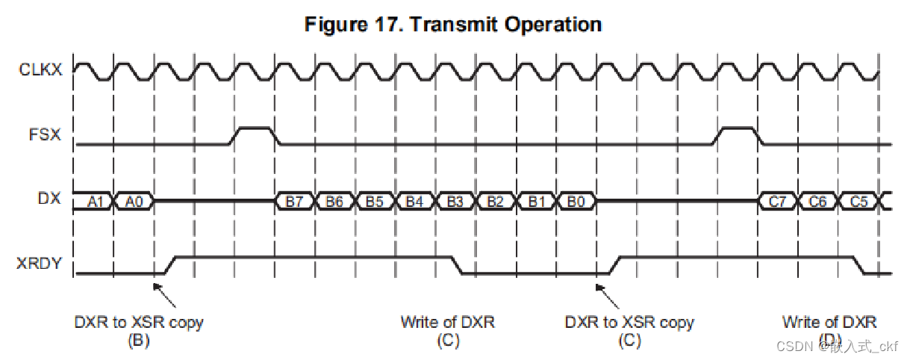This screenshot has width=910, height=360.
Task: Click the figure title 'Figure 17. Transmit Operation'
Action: (453, 25)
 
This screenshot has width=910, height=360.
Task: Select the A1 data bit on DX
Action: (94, 201)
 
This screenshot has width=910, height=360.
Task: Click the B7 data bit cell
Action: (295, 201)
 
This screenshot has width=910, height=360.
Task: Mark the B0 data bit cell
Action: (576, 201)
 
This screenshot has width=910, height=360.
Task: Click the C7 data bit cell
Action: (777, 201)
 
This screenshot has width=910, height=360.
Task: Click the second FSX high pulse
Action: (737, 129)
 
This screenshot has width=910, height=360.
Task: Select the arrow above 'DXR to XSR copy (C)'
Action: (608, 294)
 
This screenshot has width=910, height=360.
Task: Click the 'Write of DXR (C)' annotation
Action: (447, 331)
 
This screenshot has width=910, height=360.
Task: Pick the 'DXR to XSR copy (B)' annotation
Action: (139, 331)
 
